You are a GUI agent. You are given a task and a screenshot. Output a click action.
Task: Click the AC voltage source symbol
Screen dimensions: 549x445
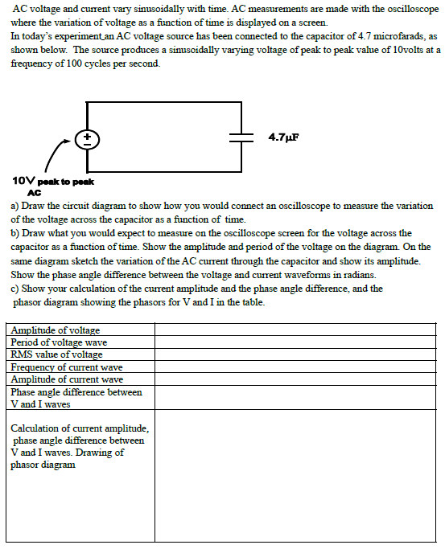[87, 137]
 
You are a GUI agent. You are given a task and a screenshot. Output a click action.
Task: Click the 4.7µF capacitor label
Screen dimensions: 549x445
[282, 137]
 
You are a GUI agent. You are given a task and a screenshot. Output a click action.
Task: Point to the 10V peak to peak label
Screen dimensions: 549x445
[47, 182]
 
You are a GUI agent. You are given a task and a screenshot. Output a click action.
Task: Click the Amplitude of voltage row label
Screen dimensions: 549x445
[56, 330]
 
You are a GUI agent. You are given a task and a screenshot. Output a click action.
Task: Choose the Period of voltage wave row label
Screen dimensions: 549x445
[59, 342]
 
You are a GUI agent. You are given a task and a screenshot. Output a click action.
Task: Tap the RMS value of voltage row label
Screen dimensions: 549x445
[56, 354]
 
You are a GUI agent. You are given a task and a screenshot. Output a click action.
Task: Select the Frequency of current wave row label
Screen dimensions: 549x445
[67, 367]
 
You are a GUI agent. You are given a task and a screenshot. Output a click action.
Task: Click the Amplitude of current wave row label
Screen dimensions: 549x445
[67, 379]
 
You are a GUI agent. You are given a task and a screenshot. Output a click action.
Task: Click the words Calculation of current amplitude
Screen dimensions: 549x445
[79, 428]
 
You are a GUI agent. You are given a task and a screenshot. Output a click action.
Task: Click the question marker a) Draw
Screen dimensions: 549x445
[31, 207]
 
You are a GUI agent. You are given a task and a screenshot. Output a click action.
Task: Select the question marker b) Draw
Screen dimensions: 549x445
[31, 233]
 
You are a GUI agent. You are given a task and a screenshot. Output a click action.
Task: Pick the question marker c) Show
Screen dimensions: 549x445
[31, 289]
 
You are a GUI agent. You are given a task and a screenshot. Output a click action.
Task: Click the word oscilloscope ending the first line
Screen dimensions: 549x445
[410, 8]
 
